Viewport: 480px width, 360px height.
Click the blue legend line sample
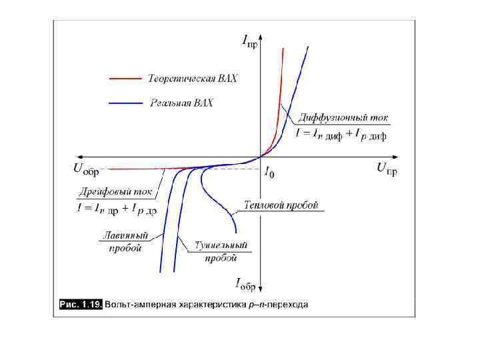(x=126, y=103)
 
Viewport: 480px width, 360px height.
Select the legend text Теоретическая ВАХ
(x=193, y=79)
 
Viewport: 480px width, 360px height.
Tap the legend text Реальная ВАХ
(x=182, y=103)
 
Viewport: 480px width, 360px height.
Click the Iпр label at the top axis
(x=249, y=43)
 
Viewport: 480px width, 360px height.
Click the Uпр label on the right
(x=387, y=168)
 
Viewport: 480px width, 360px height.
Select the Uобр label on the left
(x=86, y=169)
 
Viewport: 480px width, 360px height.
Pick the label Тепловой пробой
(x=281, y=205)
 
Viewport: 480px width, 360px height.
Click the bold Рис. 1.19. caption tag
(x=80, y=305)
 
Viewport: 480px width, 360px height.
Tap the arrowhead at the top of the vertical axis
(x=261, y=42)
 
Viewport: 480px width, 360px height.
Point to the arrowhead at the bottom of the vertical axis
(x=261, y=291)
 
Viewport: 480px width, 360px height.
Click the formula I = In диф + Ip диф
(x=341, y=134)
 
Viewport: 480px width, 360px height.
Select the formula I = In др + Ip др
(x=116, y=209)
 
